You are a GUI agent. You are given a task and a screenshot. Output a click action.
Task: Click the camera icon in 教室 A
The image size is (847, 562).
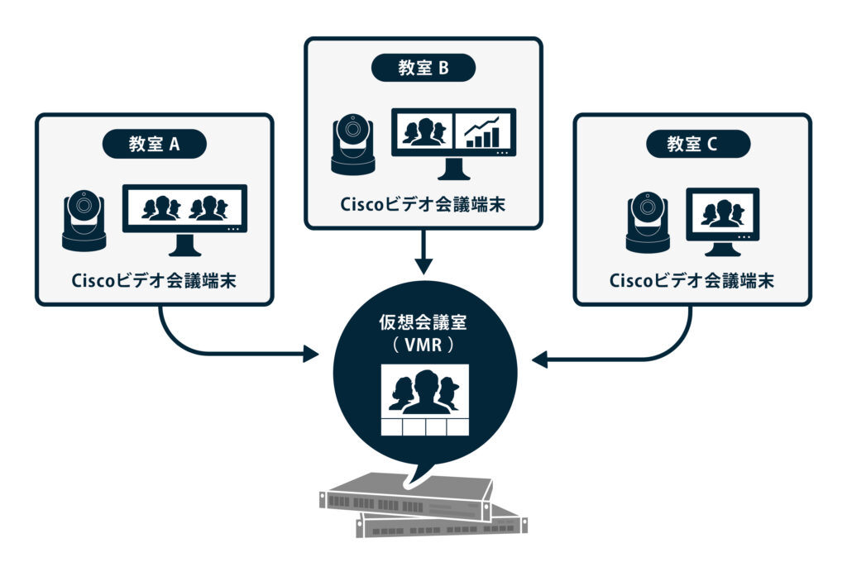tap(84, 221)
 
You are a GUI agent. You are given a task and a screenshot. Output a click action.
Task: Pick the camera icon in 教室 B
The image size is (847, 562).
tap(353, 145)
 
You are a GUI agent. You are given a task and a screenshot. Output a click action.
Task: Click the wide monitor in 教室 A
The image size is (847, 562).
tap(184, 210)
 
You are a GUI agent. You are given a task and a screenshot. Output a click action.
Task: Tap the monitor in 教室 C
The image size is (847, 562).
tap(722, 212)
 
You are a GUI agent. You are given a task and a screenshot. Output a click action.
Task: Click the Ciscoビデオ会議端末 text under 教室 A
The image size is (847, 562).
tap(154, 280)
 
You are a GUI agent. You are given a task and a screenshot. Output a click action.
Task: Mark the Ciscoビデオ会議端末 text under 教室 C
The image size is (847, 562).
tap(692, 280)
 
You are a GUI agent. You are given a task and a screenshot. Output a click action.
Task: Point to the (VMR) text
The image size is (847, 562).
tap(423, 345)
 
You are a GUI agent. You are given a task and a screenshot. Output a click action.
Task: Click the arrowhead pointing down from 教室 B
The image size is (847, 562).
tap(423, 266)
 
